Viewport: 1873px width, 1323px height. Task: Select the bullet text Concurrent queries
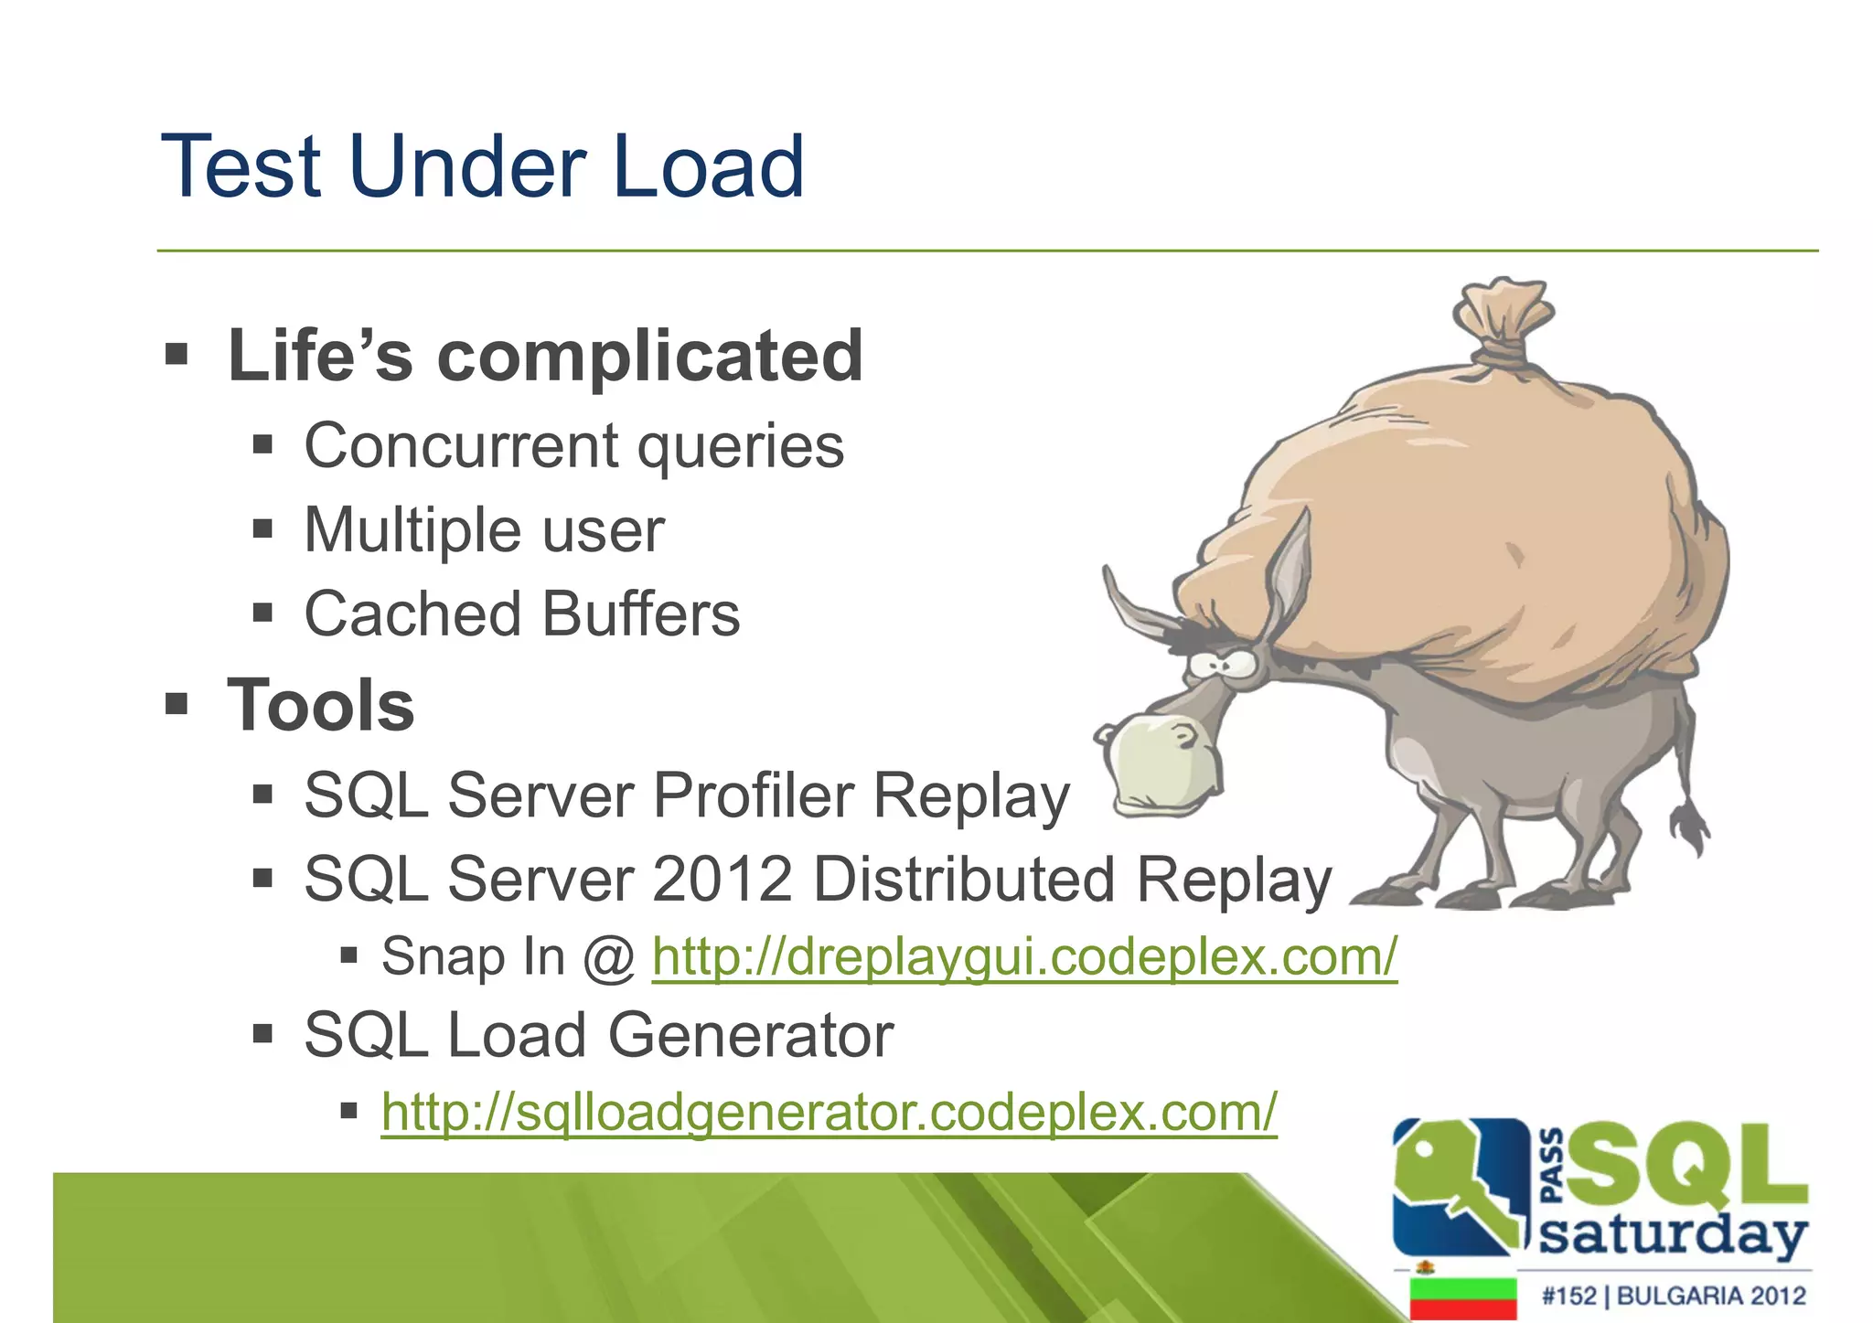pos(573,446)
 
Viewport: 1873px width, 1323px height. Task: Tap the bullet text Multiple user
pos(484,530)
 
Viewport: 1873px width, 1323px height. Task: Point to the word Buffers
pos(640,613)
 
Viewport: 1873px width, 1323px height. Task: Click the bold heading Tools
pos(320,705)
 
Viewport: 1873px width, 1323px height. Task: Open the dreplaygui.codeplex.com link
pos(1024,957)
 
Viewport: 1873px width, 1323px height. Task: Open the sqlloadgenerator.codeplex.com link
pos(829,1113)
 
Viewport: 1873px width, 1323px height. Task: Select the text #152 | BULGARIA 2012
pos(1673,1296)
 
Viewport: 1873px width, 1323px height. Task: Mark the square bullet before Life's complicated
pos(177,353)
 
